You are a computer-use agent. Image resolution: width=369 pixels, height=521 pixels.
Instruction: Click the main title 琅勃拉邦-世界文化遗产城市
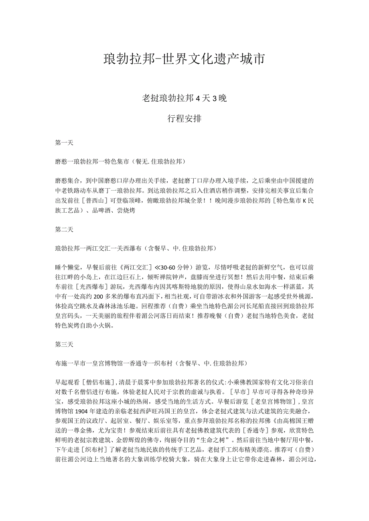coord(184,59)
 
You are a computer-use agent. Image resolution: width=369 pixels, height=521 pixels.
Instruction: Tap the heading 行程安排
coord(184,119)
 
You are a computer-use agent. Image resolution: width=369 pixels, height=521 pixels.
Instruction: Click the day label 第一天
coord(64,143)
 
